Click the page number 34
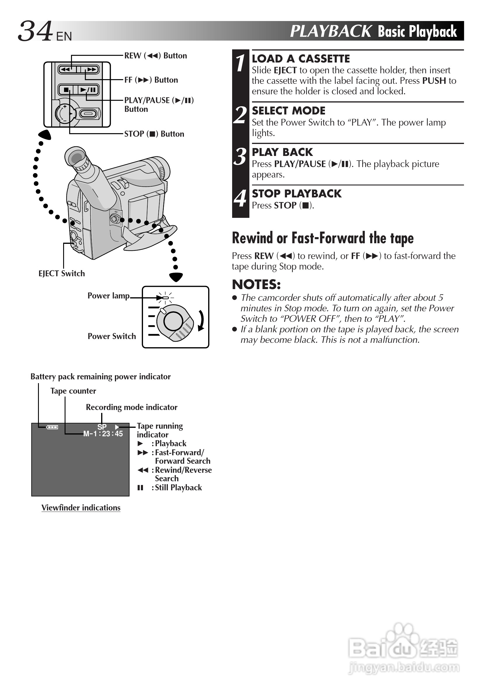click(35, 31)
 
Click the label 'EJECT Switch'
click(61, 274)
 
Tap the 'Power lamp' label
click(108, 296)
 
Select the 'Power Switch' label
click(111, 336)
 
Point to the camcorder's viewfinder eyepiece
click(76, 159)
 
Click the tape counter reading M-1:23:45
click(103, 434)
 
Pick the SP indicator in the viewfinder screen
click(102, 427)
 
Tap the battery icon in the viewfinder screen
click(52, 427)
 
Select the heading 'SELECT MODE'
click(289, 111)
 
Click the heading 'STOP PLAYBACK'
click(297, 194)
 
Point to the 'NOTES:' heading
click(256, 284)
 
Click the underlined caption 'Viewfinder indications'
click(81, 508)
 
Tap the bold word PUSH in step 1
click(434, 81)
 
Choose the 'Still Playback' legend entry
click(178, 488)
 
